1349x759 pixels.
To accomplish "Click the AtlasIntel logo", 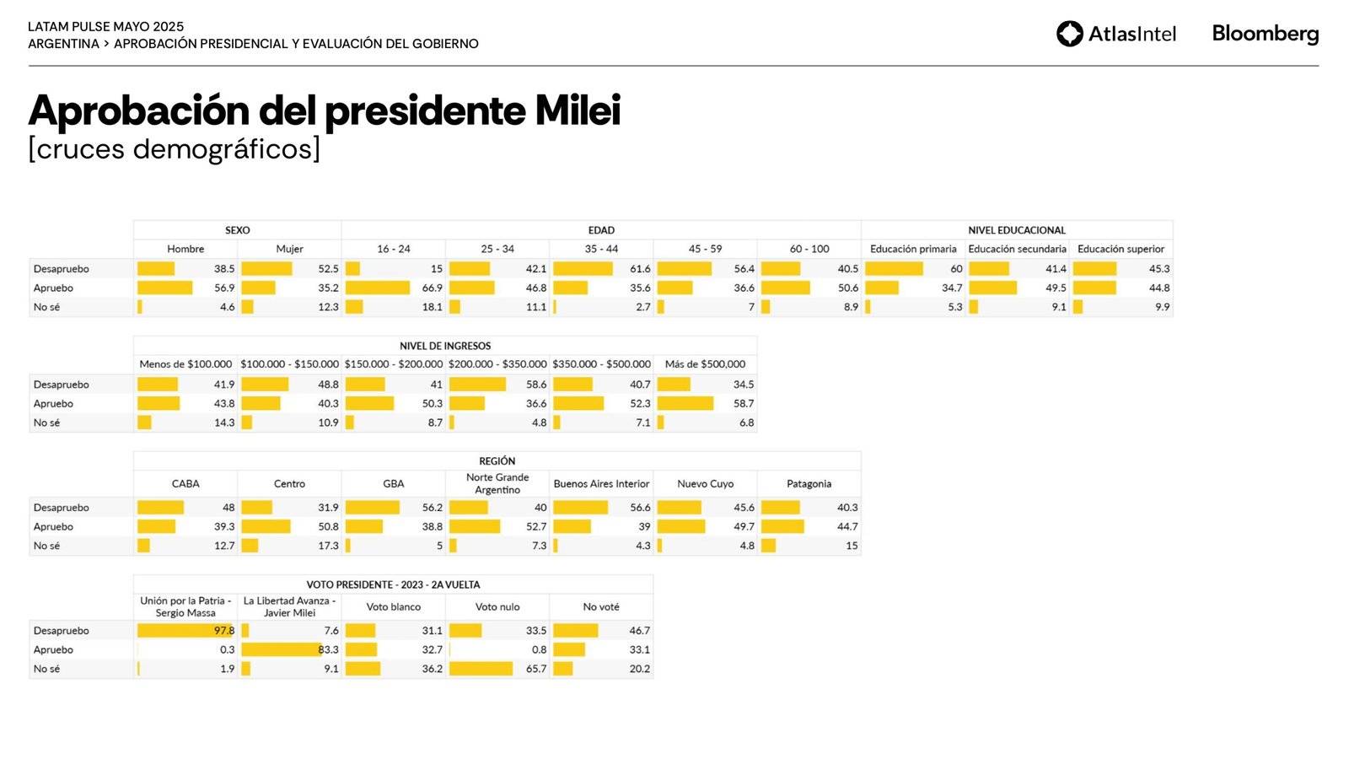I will tap(1116, 34).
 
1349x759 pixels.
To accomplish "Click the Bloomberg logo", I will tap(1265, 34).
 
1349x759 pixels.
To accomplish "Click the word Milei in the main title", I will tap(578, 110).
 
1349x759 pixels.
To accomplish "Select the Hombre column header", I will tap(185, 249).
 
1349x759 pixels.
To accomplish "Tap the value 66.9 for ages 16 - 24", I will tap(432, 288).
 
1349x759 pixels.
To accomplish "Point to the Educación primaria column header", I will tap(913, 249).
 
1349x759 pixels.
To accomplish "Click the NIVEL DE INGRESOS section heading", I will tap(445, 346).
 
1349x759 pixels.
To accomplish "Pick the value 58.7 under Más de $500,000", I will tap(743, 403).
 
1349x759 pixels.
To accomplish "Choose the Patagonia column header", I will tap(809, 483).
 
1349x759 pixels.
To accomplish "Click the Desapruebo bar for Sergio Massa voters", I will tap(185, 631).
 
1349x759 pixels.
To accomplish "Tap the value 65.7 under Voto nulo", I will tap(535, 669).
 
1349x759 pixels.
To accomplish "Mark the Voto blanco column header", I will tap(393, 606).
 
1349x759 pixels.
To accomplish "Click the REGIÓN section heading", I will tap(497, 461).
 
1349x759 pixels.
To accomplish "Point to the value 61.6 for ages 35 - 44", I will tap(640, 268).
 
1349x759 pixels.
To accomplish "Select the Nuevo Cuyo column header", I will tap(705, 483).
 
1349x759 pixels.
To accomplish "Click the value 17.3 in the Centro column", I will tap(328, 546).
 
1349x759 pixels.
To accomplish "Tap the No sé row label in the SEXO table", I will tap(46, 307).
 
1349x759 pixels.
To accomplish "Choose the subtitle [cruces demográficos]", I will tap(174, 148).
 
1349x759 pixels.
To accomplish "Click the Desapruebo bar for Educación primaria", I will tap(894, 268).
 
